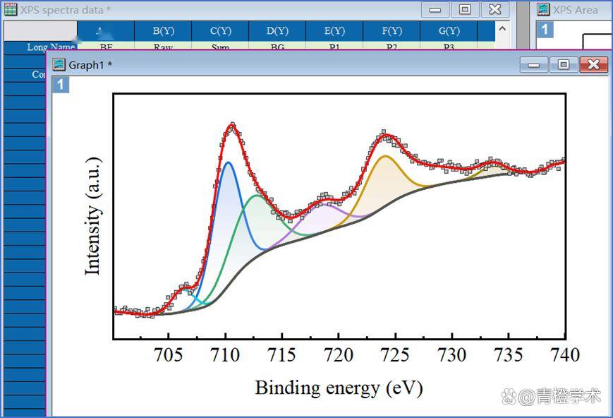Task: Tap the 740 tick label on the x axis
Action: [x=565, y=354]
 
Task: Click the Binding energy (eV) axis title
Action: [x=339, y=388]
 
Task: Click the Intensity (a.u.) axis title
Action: [x=93, y=216]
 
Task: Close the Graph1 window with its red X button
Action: [x=593, y=65]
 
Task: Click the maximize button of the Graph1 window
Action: [x=563, y=65]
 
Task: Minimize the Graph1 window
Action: [x=533, y=65]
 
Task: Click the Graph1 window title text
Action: [x=90, y=65]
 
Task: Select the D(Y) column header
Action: [x=277, y=31]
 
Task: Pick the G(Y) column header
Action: [x=449, y=31]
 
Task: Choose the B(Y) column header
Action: [x=163, y=31]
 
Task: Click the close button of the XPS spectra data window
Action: [x=495, y=10]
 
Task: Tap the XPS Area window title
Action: [x=575, y=10]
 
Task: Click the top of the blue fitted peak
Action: [x=228, y=162]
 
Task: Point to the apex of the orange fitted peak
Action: [x=385, y=156]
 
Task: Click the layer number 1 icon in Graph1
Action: [x=61, y=85]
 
